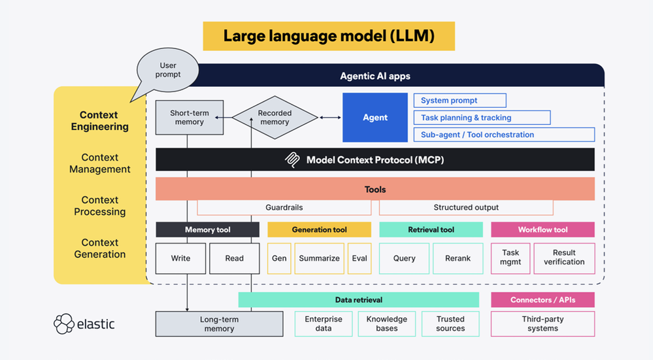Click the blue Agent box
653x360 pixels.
click(375, 118)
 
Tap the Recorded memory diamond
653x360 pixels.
click(275, 118)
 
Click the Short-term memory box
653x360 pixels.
click(190, 118)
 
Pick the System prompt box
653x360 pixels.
click(460, 101)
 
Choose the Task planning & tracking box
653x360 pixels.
click(482, 118)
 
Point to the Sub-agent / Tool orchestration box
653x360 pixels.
click(503, 135)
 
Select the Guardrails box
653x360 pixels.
click(284, 208)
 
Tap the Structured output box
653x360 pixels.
click(465, 208)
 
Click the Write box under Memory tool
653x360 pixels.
click(180, 258)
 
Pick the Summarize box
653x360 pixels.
click(319, 258)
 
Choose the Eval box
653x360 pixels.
click(360, 258)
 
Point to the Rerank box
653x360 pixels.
click(458, 258)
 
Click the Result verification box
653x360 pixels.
click(564, 257)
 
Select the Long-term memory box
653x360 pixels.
click(219, 324)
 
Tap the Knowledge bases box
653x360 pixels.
click(386, 323)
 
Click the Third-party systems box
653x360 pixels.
click(543, 323)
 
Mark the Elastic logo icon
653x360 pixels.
click(65, 324)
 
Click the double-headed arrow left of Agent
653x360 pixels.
click(330, 118)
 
